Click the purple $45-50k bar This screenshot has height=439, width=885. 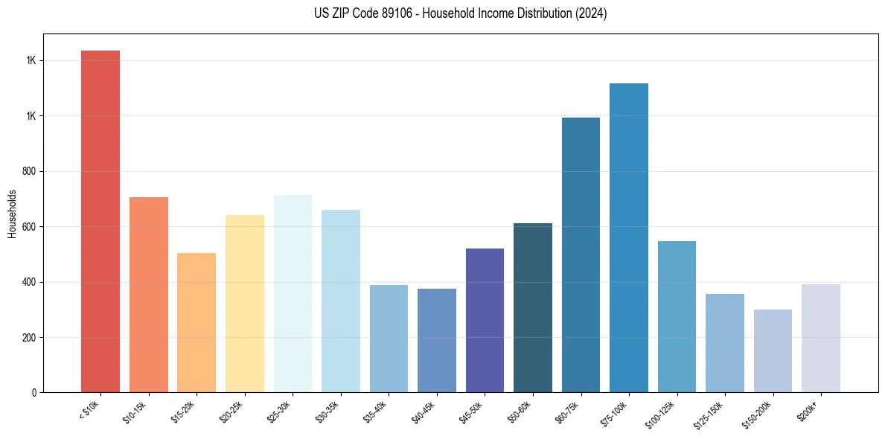485,320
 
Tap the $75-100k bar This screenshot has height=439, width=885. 629,237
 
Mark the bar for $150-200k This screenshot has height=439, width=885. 773,350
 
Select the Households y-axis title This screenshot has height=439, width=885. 12,214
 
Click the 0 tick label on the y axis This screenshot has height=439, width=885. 33,393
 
